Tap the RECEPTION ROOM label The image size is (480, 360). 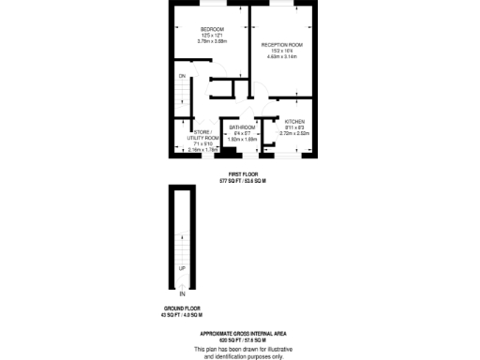click(282, 45)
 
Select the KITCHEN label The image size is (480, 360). click(295, 123)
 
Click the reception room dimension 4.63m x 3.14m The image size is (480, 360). click(282, 57)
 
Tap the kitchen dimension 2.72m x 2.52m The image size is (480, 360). click(295, 134)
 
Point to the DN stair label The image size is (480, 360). click(182, 75)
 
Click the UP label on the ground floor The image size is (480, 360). click(182, 268)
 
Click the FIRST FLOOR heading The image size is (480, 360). click(243, 174)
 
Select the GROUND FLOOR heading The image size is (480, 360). click(182, 308)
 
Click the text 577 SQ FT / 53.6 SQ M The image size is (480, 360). click(243, 180)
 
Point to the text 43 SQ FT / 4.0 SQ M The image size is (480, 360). click(182, 315)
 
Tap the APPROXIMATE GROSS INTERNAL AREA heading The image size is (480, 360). click(243, 333)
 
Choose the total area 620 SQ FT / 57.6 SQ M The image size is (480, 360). click(243, 339)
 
